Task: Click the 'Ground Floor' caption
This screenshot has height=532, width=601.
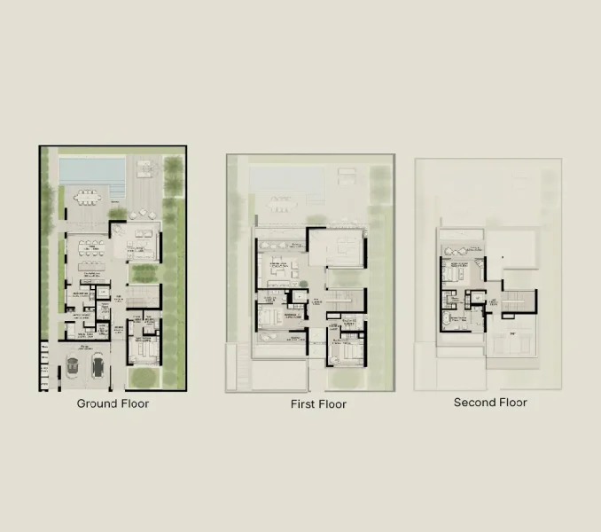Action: click(x=113, y=403)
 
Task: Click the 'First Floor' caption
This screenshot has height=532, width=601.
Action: click(x=318, y=404)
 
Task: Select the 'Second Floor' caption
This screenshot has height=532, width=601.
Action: click(x=490, y=403)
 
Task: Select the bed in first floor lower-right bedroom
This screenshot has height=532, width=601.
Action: click(x=344, y=351)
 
